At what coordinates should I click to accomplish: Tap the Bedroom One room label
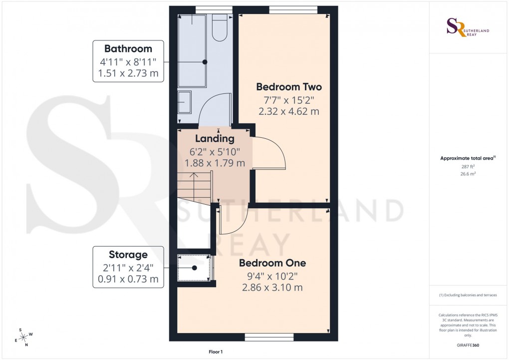pos(272,263)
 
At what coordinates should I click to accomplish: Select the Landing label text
pos(215,139)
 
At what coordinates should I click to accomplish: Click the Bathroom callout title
pos(128,49)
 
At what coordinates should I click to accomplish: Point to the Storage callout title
pos(128,255)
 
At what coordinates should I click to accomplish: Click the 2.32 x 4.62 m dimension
pos(288,112)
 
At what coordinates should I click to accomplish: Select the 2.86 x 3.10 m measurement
pos(272,288)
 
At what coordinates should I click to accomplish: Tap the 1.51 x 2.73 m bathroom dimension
pos(128,74)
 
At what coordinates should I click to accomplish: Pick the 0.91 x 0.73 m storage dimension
pos(128,279)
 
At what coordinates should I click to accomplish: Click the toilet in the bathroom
pos(220,27)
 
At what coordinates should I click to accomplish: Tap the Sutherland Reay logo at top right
pos(467,27)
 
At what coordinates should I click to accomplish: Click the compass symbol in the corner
pos(23,337)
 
